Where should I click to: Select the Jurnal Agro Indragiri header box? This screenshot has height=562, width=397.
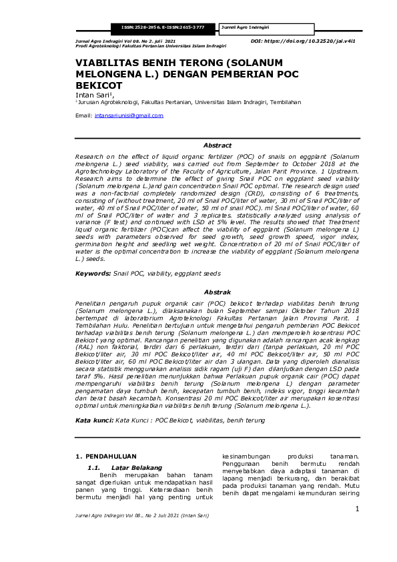254,27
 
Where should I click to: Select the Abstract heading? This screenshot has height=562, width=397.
217,145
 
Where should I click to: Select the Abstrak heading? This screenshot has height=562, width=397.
217,292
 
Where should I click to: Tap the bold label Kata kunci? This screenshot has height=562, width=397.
94,420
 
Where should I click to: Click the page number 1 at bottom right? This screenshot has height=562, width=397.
357,509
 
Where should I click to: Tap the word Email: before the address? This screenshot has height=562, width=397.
83,115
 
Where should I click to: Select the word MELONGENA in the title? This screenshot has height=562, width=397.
110,74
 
